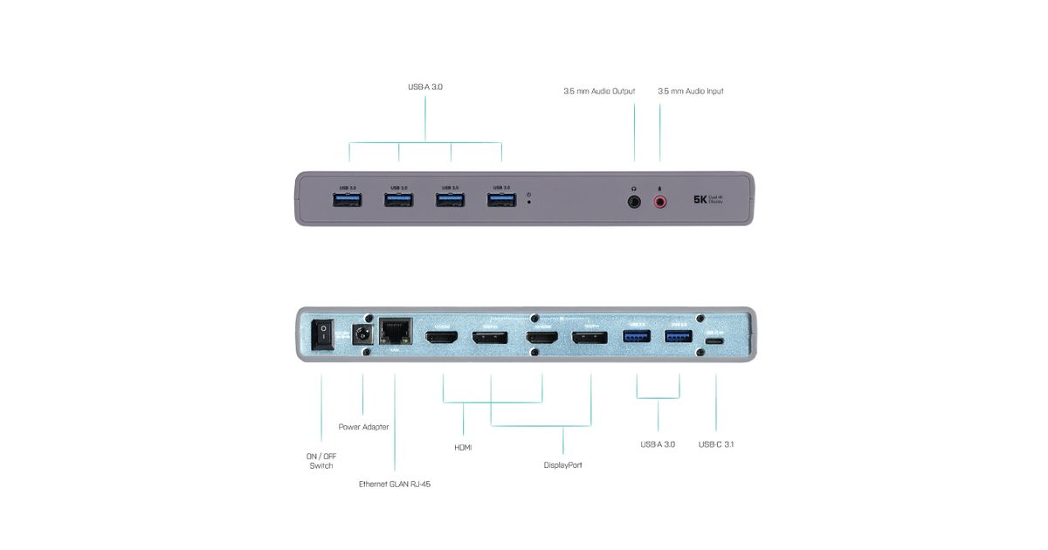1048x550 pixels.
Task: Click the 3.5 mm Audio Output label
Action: pyautogui.click(x=599, y=91)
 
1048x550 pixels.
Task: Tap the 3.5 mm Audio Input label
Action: pyautogui.click(x=690, y=91)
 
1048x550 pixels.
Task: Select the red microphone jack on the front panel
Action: pyautogui.click(x=659, y=202)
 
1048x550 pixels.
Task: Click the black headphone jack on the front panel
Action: pyautogui.click(x=634, y=202)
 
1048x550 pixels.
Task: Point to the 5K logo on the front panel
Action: pyautogui.click(x=700, y=199)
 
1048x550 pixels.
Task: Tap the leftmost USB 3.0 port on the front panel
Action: pyautogui.click(x=348, y=201)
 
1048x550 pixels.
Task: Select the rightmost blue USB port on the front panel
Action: pyautogui.click(x=501, y=201)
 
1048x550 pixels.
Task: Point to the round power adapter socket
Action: pyautogui.click(x=362, y=333)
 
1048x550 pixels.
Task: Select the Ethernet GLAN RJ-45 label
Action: pyautogui.click(x=395, y=484)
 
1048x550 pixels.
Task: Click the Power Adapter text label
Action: pyautogui.click(x=363, y=427)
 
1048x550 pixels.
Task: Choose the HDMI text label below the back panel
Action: pyautogui.click(x=463, y=447)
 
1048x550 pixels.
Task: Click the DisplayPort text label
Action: pyautogui.click(x=562, y=465)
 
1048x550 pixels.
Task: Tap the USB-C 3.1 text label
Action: pyautogui.click(x=716, y=444)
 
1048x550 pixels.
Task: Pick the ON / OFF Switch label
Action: pyautogui.click(x=321, y=460)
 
